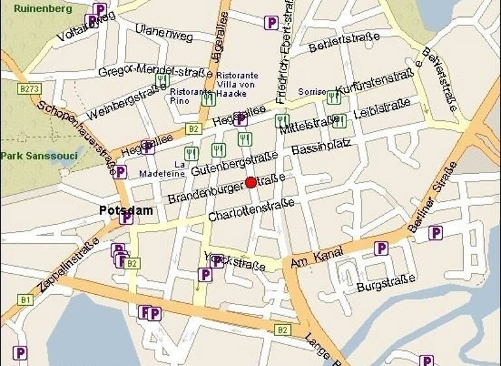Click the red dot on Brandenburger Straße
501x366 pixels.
(250, 182)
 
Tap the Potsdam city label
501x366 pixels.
(127, 210)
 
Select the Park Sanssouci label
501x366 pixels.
(38, 156)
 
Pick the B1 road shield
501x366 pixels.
(25, 299)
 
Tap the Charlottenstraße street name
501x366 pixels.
(250, 210)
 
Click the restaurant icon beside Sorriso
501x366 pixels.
(334, 97)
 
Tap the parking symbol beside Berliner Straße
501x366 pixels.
(435, 233)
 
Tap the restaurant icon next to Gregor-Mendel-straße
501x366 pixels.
(162, 81)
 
